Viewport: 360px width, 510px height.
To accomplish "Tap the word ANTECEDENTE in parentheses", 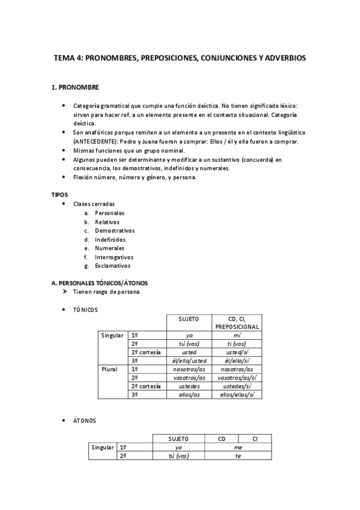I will [93, 141].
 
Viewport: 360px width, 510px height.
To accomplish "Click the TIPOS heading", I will [60, 195].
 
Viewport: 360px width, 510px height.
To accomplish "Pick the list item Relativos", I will [107, 222].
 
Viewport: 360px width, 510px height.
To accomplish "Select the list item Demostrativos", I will [114, 230].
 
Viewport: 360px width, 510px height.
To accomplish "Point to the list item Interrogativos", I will [114, 257].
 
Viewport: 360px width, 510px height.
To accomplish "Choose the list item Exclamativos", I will [112, 265].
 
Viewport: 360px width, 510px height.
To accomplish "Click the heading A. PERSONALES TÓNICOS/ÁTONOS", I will [100, 283].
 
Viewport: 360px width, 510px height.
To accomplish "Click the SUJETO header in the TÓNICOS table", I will [189, 318].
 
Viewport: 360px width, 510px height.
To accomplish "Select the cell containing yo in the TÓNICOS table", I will [189, 335].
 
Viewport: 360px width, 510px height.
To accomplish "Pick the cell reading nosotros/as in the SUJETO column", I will [189, 369].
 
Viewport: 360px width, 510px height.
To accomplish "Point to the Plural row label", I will [110, 369].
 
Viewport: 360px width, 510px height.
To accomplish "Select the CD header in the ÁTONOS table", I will [222, 439].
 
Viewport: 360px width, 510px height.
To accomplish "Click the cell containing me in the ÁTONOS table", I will [238, 447].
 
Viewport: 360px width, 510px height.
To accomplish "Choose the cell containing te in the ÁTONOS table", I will [238, 456].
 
